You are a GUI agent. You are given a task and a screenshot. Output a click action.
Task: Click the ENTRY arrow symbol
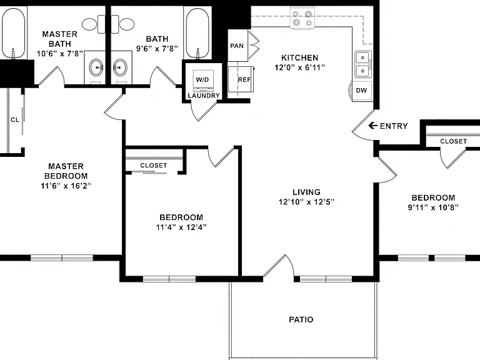[372, 126]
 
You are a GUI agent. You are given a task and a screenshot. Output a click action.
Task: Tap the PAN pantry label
[237, 46]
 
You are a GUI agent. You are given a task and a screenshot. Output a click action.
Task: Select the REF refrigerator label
[244, 79]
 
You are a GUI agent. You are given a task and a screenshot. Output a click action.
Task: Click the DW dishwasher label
[361, 90]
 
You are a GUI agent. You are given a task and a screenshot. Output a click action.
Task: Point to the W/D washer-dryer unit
[202, 81]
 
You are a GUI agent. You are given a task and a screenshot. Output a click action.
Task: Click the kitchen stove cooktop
[302, 18]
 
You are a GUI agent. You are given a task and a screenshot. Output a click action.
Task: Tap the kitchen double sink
[363, 64]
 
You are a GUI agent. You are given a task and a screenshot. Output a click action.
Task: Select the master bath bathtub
[13, 33]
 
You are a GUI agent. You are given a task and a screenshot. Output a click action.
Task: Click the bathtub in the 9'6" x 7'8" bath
[197, 33]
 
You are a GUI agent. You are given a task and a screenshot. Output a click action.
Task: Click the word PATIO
[301, 319]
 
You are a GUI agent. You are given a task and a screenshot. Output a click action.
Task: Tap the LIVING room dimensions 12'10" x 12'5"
[306, 202]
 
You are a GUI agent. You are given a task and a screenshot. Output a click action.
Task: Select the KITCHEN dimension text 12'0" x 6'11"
[300, 67]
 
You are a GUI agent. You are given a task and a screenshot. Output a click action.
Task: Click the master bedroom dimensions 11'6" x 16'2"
[66, 186]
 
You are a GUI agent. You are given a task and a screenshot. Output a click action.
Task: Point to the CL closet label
[15, 120]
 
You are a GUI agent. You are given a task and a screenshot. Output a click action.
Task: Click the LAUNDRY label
[204, 96]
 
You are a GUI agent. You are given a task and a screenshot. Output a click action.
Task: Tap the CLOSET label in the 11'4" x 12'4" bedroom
[154, 165]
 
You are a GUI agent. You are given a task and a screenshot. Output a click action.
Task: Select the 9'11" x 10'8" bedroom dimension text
[433, 207]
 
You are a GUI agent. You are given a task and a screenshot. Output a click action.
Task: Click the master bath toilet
[93, 24]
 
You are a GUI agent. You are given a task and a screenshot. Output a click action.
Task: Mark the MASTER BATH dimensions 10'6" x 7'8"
[60, 54]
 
